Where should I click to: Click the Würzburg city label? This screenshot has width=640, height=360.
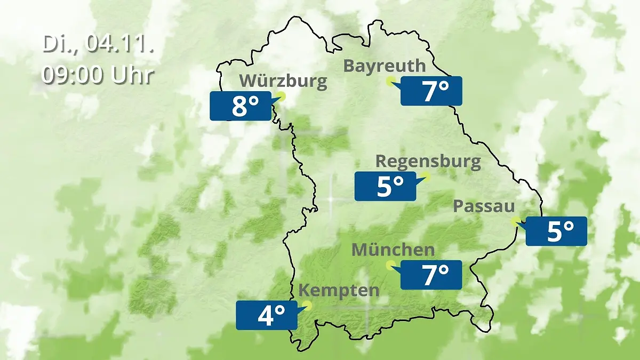point(283,81)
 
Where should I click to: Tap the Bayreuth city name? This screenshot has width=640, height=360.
point(385,66)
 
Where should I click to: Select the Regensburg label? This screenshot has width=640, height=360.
point(428,161)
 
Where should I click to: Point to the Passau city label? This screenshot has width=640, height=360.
point(484,206)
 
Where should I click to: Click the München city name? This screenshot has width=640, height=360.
point(393,249)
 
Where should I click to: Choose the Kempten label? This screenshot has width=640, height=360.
point(339,291)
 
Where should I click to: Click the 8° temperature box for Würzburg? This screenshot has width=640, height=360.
point(240,106)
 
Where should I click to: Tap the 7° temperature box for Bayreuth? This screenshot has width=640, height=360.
point(431,91)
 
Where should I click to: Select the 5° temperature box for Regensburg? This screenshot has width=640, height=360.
point(385,186)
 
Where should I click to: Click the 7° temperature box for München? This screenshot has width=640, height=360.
point(431,275)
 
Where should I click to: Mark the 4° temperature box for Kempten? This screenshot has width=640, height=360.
point(266,315)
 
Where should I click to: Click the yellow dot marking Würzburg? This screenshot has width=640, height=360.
point(282,97)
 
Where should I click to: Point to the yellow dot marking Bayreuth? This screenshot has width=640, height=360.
point(390,81)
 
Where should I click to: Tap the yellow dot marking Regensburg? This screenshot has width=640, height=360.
point(426,176)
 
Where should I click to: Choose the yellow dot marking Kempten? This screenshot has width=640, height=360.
point(307,305)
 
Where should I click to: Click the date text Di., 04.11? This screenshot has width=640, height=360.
point(98,44)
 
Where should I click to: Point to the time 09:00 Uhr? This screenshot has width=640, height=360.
point(98,75)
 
